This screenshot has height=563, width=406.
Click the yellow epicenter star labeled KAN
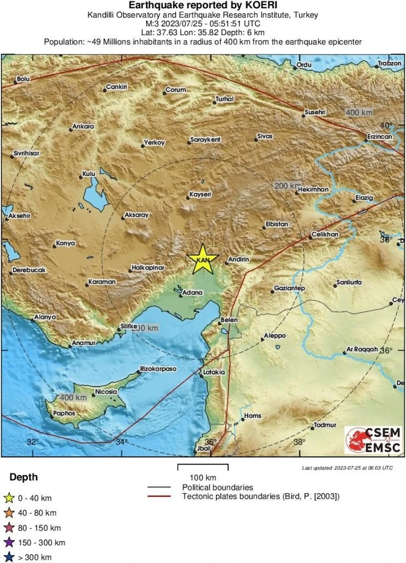[203, 259]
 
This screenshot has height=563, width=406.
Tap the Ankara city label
[83, 126]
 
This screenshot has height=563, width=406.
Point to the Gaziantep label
[289, 289]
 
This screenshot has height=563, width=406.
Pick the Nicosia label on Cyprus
[105, 391]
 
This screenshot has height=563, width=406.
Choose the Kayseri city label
[200, 195]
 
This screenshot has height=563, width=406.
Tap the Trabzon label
[390, 64]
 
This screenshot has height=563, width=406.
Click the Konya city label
[65, 243]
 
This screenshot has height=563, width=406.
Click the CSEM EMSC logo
[373, 440]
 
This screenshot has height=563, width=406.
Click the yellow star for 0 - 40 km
[9, 499]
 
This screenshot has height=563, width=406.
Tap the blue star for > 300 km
[9, 558]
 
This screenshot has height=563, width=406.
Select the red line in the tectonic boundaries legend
[163, 496]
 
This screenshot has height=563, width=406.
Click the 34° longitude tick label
[121, 441]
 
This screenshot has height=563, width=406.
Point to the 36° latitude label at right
[387, 350]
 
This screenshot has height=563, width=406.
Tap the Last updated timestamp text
[347, 468]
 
